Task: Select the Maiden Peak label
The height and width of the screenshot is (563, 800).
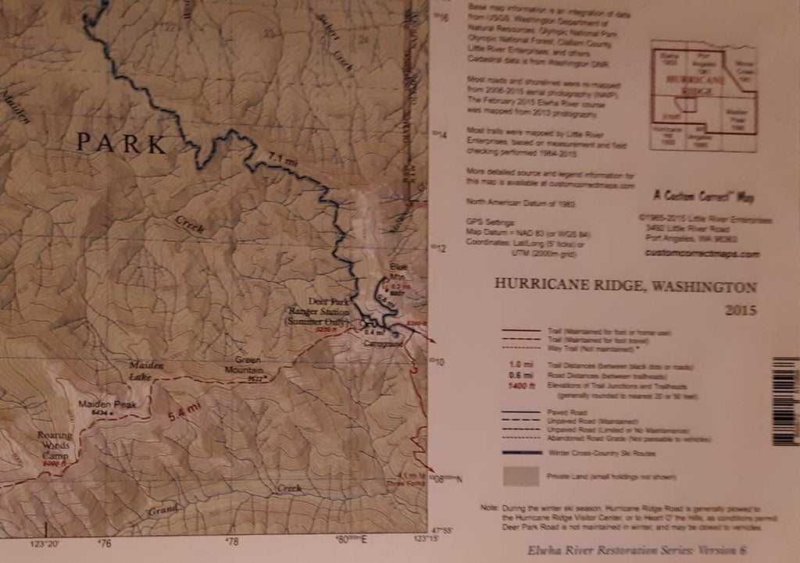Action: point(107,405)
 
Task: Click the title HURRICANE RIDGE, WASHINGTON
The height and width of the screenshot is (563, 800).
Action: point(625,285)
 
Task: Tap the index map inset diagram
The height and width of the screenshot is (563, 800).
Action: point(703,95)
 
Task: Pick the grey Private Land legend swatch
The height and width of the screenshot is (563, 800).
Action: point(521,475)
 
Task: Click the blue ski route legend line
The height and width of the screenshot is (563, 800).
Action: point(521,452)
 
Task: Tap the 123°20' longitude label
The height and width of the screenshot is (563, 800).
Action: point(46,541)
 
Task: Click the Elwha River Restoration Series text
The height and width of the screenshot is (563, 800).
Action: point(637,551)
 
